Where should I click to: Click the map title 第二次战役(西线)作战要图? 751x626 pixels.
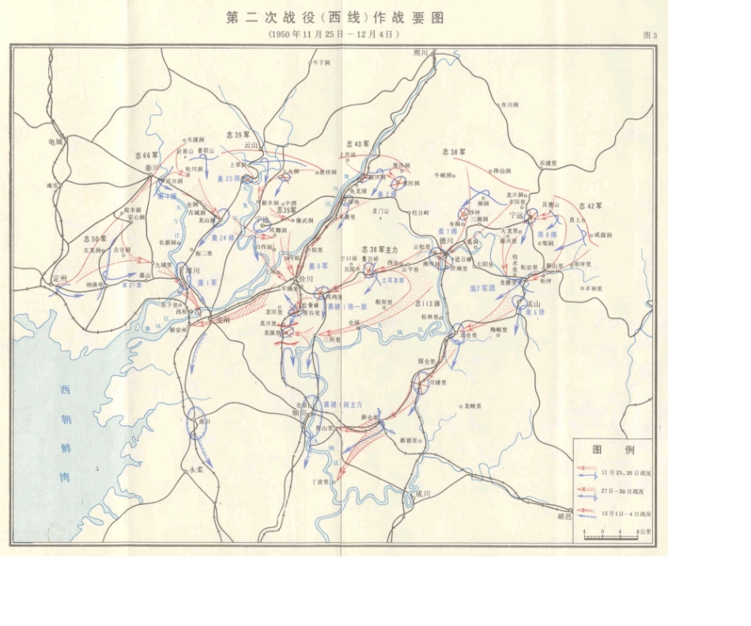(335, 18)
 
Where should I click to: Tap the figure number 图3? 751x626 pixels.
(651, 36)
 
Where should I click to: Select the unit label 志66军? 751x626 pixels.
(146, 156)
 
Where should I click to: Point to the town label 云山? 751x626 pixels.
(251, 146)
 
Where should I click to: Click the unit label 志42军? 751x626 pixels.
(591, 205)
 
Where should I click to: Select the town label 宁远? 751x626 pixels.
(518, 214)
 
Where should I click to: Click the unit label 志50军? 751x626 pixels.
(95, 238)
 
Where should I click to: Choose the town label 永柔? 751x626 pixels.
(194, 469)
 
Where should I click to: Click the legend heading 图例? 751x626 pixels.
(613, 450)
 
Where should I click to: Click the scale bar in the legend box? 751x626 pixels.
(610, 537)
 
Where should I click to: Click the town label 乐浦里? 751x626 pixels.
(549, 162)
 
